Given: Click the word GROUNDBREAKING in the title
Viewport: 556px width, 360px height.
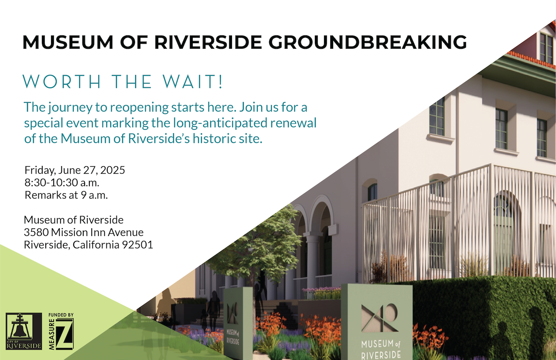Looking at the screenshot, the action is click(368, 42).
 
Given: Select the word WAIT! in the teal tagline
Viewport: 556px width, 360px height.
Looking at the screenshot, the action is click(193, 82).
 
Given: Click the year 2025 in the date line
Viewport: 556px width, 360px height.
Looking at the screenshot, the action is click(113, 170).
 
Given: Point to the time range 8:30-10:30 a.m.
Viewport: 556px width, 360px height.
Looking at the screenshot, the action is click(62, 182).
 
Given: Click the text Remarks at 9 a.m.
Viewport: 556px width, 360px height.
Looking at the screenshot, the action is click(66, 195).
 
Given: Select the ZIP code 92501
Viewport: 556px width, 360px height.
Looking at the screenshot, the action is click(137, 245).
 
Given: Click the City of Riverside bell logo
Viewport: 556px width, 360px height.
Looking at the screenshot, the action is click(24, 331).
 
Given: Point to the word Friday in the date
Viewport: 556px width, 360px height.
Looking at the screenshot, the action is click(40, 171).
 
